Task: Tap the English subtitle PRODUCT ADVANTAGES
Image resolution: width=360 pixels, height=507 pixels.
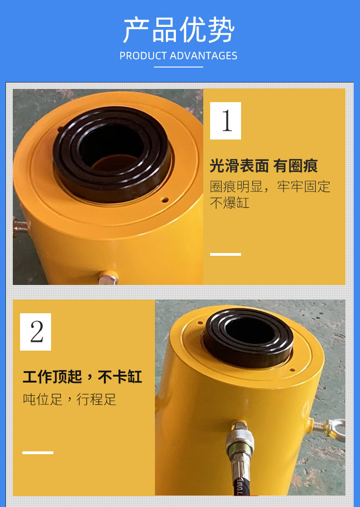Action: [178, 56]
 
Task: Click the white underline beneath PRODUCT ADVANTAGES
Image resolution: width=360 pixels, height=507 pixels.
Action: [178, 67]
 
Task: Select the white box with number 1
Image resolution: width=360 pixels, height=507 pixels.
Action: [226, 121]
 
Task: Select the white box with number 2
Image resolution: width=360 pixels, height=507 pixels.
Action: [36, 332]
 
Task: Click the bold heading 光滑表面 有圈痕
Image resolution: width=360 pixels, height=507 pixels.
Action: [264, 166]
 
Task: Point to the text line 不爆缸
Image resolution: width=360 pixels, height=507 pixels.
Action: [230, 203]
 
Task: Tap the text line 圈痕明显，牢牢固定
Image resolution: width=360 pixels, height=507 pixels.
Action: [270, 187]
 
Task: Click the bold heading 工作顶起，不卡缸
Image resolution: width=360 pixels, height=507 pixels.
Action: [82, 377]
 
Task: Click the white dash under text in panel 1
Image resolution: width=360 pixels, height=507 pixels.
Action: [226, 254]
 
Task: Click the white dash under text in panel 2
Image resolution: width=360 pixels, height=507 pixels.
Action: [38, 453]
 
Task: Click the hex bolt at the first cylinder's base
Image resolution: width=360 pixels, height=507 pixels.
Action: [108, 278]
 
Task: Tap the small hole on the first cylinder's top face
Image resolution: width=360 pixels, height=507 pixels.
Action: [165, 200]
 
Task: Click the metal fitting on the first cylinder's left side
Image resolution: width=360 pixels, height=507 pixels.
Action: [20, 227]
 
